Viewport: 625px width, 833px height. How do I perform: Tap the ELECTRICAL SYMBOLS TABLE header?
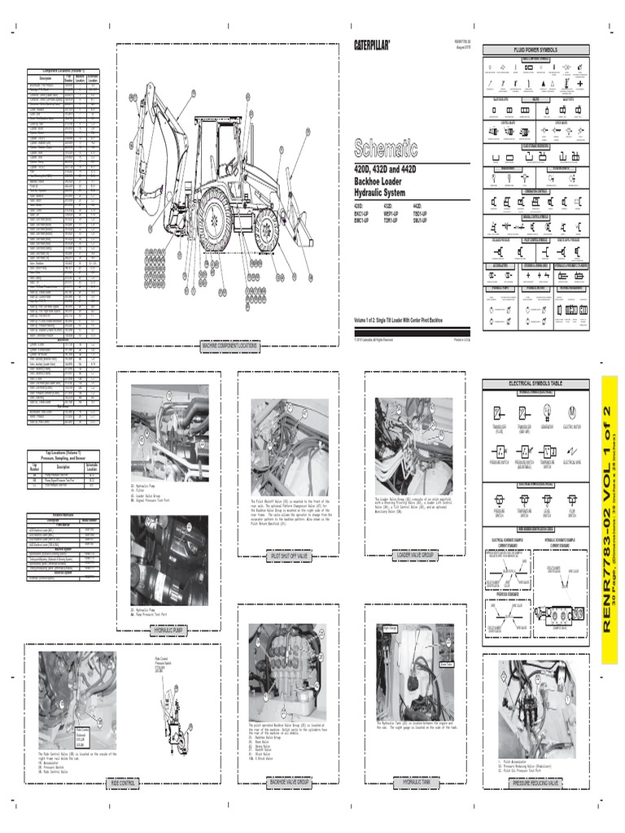click(x=535, y=383)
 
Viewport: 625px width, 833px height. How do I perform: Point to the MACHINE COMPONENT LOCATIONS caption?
click(x=229, y=347)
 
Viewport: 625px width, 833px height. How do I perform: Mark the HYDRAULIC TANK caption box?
click(x=417, y=783)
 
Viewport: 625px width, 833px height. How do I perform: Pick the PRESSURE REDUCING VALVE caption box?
click(x=535, y=783)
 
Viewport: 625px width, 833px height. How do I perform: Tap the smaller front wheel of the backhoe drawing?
click(x=266, y=231)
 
